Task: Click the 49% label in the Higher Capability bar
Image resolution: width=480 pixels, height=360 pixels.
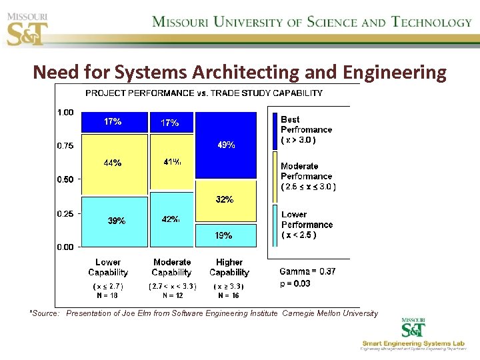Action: tap(225, 145)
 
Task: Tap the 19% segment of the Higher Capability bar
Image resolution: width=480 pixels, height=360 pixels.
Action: tap(224, 235)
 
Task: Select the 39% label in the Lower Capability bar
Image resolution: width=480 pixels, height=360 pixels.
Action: tap(117, 221)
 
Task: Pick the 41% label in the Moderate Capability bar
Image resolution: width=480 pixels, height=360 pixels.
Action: tap(171, 161)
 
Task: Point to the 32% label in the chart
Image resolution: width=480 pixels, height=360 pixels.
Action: tap(225, 199)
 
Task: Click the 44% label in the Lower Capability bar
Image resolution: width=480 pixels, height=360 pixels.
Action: tap(112, 163)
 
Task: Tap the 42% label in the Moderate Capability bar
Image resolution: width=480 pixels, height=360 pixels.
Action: tap(171, 219)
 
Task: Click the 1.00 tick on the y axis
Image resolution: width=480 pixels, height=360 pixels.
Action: tap(65, 113)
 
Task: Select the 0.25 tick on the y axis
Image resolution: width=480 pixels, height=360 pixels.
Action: tap(65, 213)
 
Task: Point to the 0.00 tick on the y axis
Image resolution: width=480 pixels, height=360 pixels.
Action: tap(65, 247)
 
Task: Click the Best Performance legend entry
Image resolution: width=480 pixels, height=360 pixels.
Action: tap(305, 129)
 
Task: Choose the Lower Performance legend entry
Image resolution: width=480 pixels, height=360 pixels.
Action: tap(306, 225)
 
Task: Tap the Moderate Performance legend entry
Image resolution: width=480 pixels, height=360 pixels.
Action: tap(307, 176)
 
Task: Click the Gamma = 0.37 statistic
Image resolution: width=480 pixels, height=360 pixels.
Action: tap(307, 271)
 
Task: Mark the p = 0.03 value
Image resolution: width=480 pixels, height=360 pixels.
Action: tap(295, 283)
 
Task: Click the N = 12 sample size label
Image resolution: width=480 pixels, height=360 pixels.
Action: tap(173, 295)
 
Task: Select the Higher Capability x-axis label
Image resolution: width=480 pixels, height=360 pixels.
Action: tap(229, 267)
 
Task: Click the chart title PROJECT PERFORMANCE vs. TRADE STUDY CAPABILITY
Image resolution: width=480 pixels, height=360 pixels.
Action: tap(204, 93)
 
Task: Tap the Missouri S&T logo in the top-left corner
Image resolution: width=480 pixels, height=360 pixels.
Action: tap(27, 26)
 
